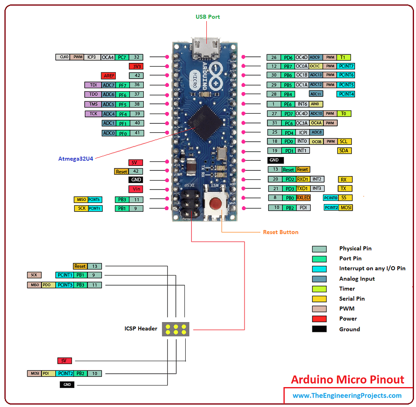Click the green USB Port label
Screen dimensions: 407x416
click(x=208, y=17)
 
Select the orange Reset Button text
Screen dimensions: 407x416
click(x=280, y=232)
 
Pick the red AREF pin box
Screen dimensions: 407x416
click(x=108, y=75)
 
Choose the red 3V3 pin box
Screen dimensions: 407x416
click(x=136, y=66)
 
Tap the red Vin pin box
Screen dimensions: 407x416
click(x=136, y=189)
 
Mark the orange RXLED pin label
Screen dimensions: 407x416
click(x=303, y=198)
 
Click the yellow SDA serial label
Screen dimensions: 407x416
click(x=344, y=151)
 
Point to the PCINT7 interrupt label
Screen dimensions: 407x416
click(x=346, y=66)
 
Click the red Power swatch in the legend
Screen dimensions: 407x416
click(x=319, y=319)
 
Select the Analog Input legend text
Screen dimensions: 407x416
click(x=357, y=279)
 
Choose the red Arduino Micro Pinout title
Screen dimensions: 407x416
click(x=347, y=380)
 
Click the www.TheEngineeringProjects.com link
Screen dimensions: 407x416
click(x=347, y=396)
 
